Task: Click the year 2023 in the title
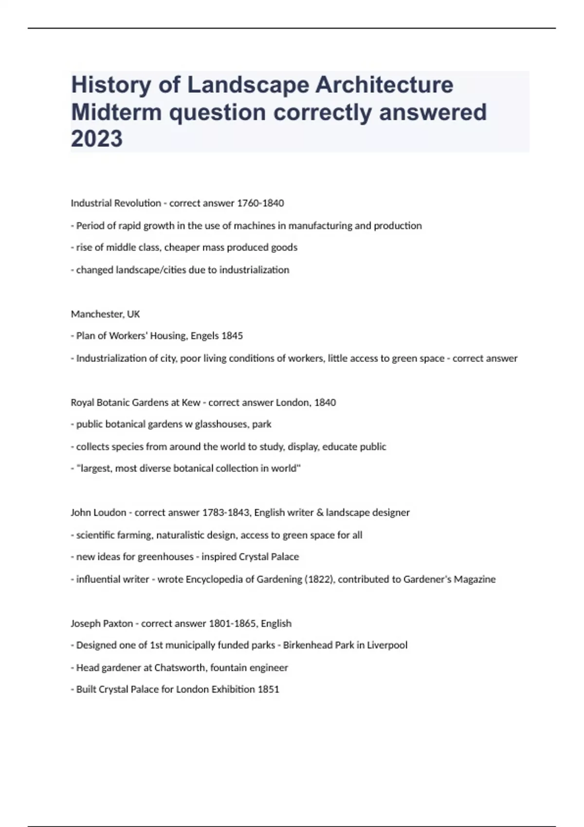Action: point(97,139)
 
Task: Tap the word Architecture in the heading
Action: point(384,85)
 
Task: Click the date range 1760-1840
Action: point(260,203)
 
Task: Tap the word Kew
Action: point(191,403)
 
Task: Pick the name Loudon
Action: point(112,513)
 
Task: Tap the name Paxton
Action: point(116,624)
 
